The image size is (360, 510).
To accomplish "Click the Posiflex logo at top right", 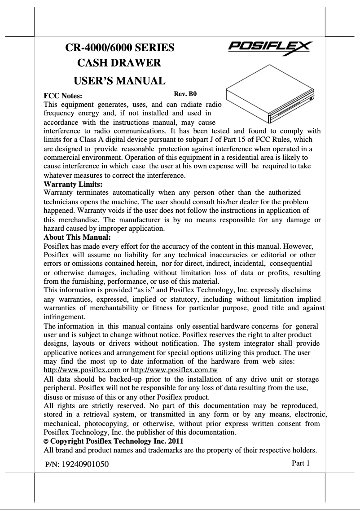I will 271,47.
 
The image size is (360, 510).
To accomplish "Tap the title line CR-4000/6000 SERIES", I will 120,48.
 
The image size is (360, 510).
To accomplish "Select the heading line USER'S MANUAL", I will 119,81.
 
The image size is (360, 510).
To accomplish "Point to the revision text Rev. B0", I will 185,94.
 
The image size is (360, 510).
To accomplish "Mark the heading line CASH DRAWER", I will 120,65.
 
